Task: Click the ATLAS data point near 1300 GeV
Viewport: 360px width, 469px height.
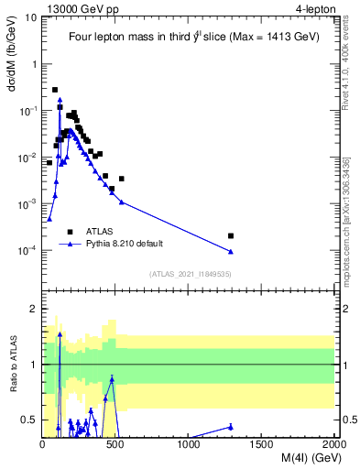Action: click(231, 235)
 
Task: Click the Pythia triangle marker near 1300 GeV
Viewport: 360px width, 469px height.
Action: click(231, 252)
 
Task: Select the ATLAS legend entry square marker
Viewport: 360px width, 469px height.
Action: click(71, 232)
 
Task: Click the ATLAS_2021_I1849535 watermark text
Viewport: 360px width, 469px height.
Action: click(189, 274)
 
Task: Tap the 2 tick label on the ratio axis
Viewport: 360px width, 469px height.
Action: click(35, 309)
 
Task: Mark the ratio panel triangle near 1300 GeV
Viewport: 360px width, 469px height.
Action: click(231, 426)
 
